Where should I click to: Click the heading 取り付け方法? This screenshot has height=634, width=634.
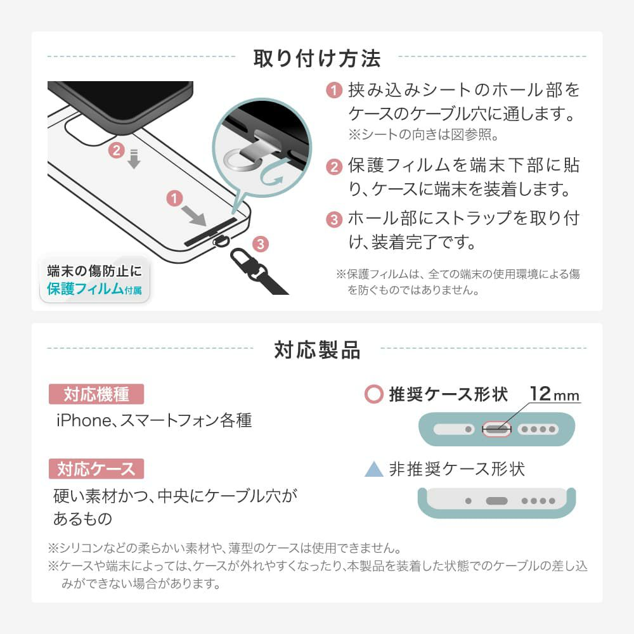point(316,58)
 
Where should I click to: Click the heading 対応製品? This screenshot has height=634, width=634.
point(317,350)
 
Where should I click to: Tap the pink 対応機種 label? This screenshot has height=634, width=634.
point(96,394)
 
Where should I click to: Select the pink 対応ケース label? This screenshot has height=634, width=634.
point(96,469)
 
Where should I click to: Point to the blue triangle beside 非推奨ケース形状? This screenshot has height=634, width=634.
point(373,469)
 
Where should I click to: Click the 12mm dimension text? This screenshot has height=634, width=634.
point(554,394)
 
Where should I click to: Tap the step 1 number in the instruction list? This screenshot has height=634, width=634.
point(334,90)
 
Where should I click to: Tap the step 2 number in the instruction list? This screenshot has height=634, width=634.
point(334,166)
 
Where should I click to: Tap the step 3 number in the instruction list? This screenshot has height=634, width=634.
point(334,219)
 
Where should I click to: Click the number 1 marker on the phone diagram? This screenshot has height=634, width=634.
point(174,198)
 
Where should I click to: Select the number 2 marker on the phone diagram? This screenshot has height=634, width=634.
point(117,150)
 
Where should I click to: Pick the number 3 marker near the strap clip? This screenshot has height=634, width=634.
point(261,244)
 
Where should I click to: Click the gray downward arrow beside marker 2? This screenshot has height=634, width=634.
point(134,159)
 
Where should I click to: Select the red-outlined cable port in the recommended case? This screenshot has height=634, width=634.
point(496,429)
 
